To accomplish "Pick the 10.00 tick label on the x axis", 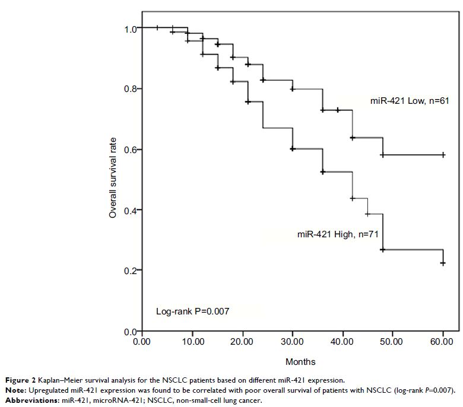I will pyautogui.click(x=192, y=342).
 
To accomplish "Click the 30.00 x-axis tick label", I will pyautogui.click(x=293, y=342).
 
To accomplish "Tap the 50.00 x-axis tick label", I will pyautogui.click(x=393, y=342).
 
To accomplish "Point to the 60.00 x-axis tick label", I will pyautogui.click(x=443, y=342).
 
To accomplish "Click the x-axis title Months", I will pyautogui.click(x=300, y=361).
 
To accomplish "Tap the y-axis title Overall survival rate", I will pyautogui.click(x=113, y=178).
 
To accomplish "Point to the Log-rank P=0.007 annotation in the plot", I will pyautogui.click(x=192, y=311).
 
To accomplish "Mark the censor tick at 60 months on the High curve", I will pyautogui.click(x=443, y=263).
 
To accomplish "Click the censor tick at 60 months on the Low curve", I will pyautogui.click(x=443, y=155).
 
